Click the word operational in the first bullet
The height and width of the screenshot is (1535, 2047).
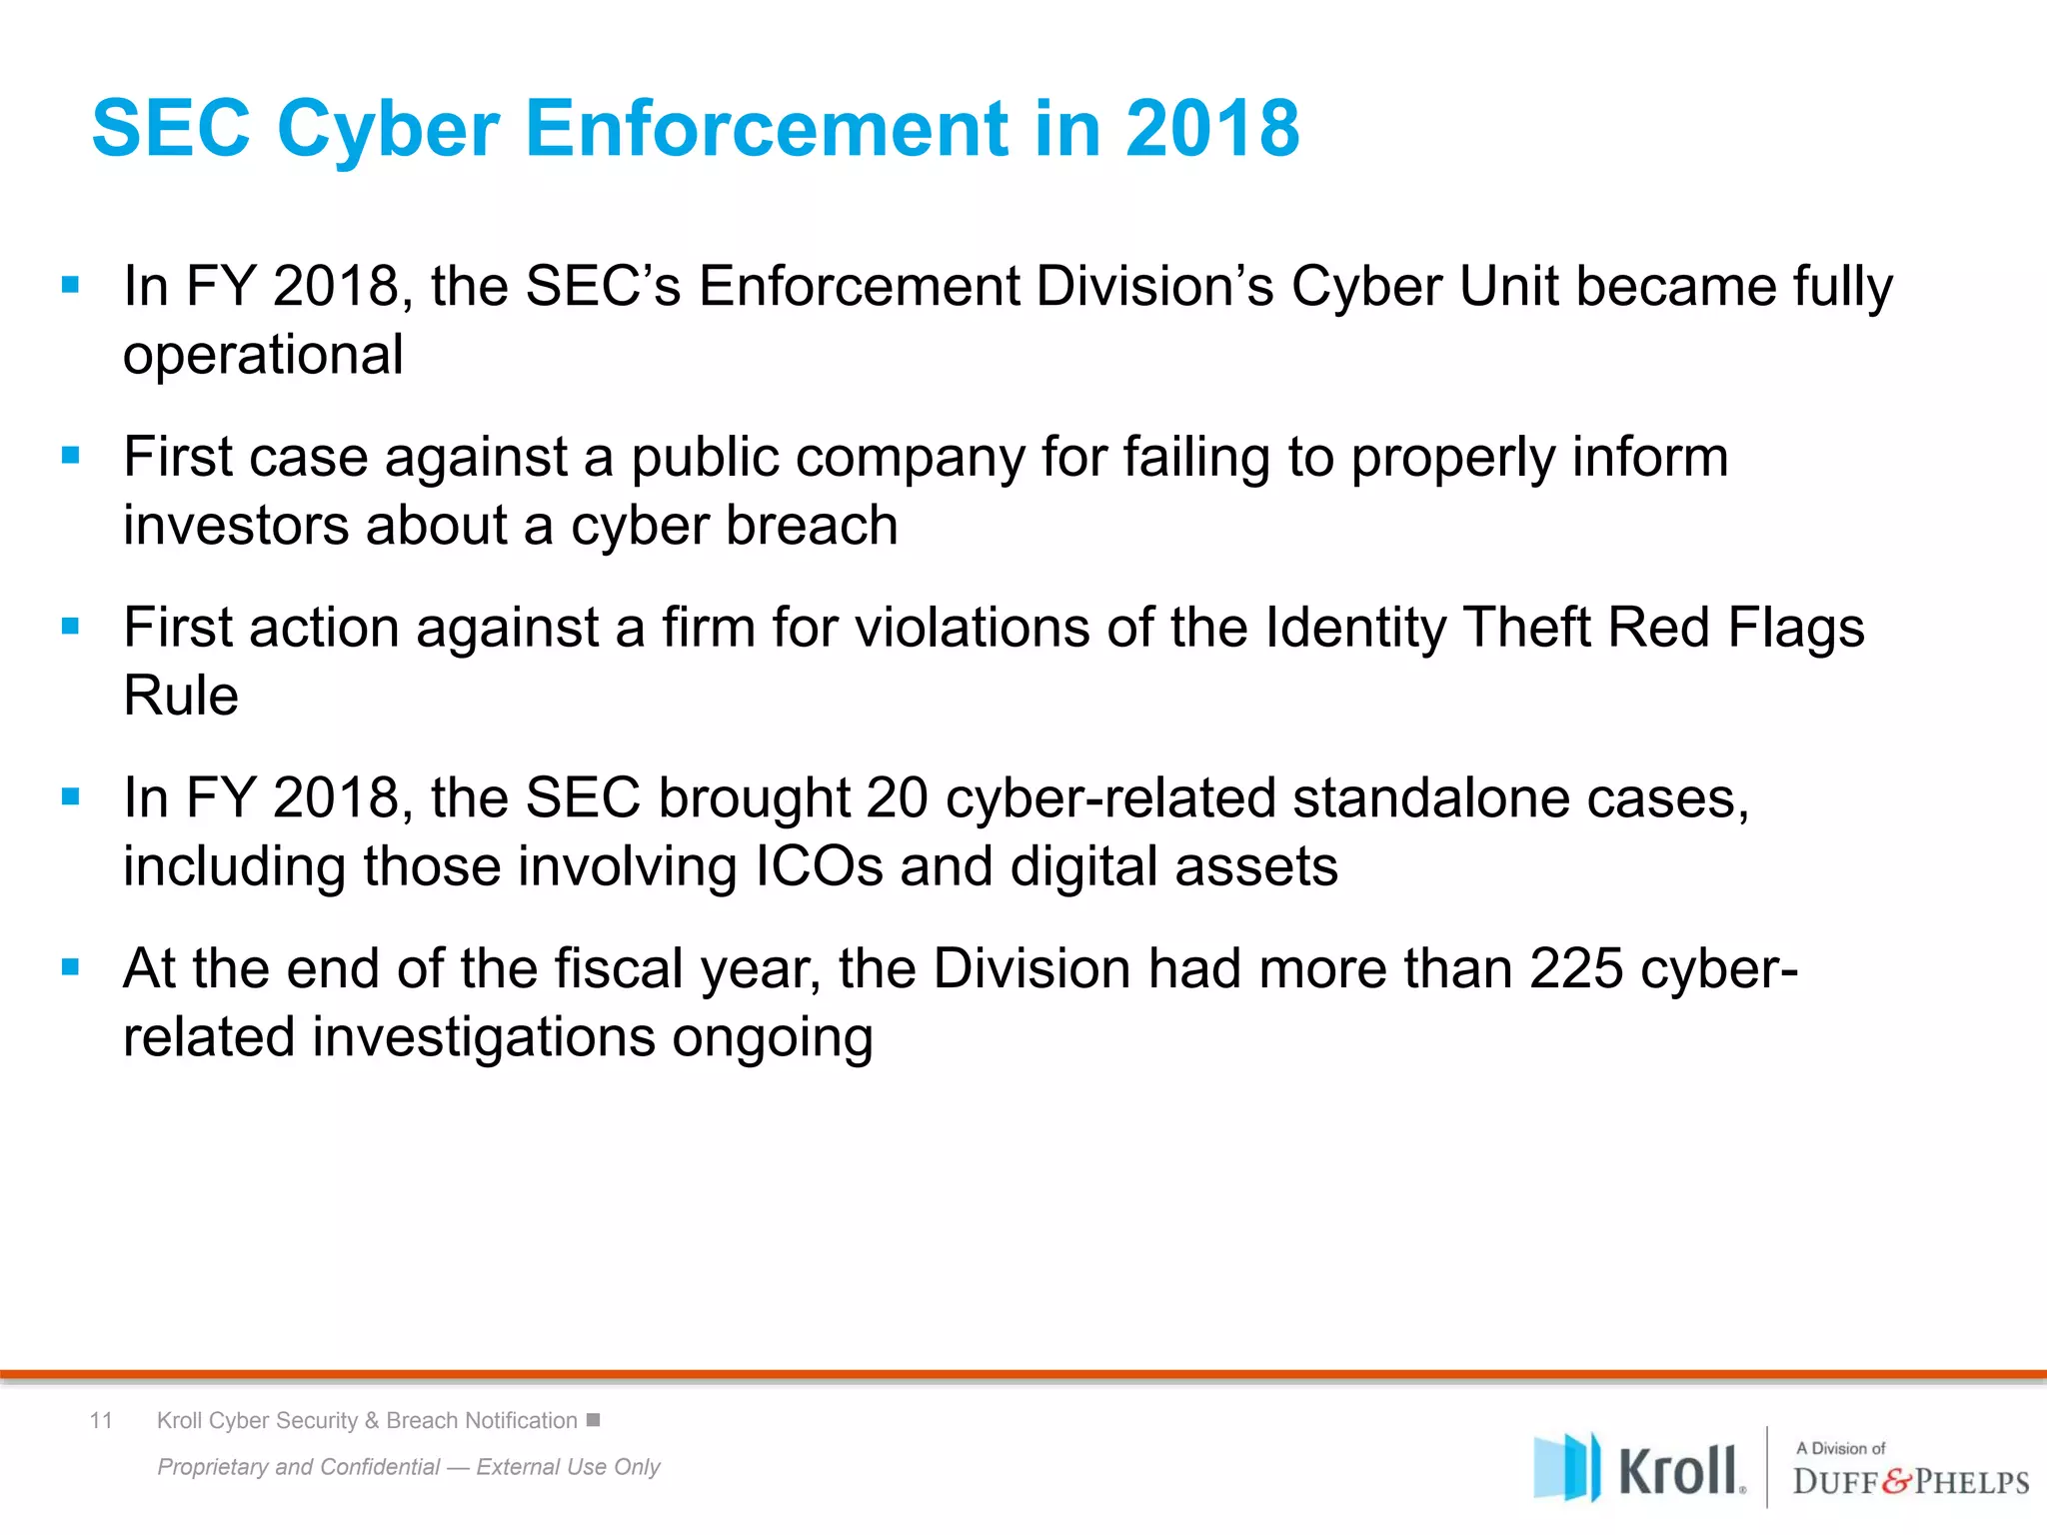[x=263, y=355]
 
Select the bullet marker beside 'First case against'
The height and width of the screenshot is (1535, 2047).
[x=70, y=456]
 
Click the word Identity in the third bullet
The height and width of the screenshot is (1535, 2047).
[x=1355, y=629]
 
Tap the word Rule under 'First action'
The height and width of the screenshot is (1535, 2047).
[x=181, y=696]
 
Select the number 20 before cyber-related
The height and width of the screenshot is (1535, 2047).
[x=897, y=798]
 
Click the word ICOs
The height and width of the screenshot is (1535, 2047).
[x=819, y=866]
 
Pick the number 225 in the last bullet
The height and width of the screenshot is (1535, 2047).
[x=1575, y=968]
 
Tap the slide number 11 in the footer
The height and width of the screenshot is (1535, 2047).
[x=101, y=1420]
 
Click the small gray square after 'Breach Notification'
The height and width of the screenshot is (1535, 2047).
[x=593, y=1420]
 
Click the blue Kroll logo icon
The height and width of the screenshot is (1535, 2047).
[x=1566, y=1467]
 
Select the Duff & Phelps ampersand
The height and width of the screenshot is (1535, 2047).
[x=1897, y=1481]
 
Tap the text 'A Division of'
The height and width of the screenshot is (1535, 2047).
[x=1840, y=1448]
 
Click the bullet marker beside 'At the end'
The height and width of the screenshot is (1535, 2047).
[x=70, y=967]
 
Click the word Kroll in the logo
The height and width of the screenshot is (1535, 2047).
[x=1679, y=1471]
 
